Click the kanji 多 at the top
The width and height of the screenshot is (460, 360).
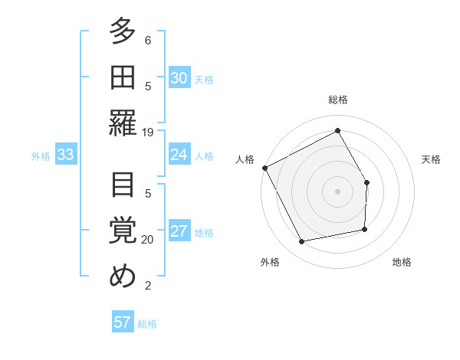tap(123, 32)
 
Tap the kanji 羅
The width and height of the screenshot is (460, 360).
tap(123, 123)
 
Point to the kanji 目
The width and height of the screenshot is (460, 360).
tap(123, 185)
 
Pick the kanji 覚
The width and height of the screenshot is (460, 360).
tap(123, 231)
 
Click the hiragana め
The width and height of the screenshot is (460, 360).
tap(123, 277)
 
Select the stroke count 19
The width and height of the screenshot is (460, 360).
tap(148, 132)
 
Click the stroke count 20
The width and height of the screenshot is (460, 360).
tap(148, 240)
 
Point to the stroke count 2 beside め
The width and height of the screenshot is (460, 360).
tap(148, 286)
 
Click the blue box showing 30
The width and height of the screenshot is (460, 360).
tap(179, 78)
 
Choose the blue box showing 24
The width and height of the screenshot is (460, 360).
tap(179, 155)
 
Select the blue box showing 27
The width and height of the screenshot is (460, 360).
tap(179, 232)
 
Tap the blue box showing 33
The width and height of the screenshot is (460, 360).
tap(65, 155)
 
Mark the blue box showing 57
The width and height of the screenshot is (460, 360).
tap(123, 322)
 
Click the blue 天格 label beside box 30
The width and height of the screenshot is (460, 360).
tap(204, 80)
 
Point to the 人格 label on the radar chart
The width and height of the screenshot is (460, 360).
tap(245, 159)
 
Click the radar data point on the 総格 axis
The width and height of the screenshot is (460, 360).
tap(337, 130)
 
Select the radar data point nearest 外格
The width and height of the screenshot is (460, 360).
tap(302, 242)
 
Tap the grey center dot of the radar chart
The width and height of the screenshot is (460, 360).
tap(337, 191)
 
